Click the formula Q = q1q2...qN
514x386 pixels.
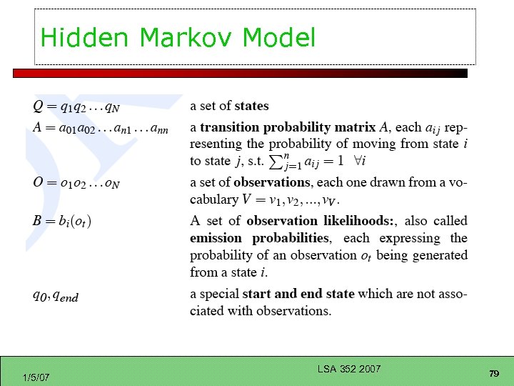76,107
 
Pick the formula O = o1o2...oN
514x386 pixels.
76,183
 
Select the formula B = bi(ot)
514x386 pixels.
62,221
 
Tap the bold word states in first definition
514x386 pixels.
251,107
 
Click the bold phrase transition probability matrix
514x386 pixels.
287,128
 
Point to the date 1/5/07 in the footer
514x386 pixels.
36,376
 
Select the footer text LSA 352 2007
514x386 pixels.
349,369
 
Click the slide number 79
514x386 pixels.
493,374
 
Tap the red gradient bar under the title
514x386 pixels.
240,73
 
